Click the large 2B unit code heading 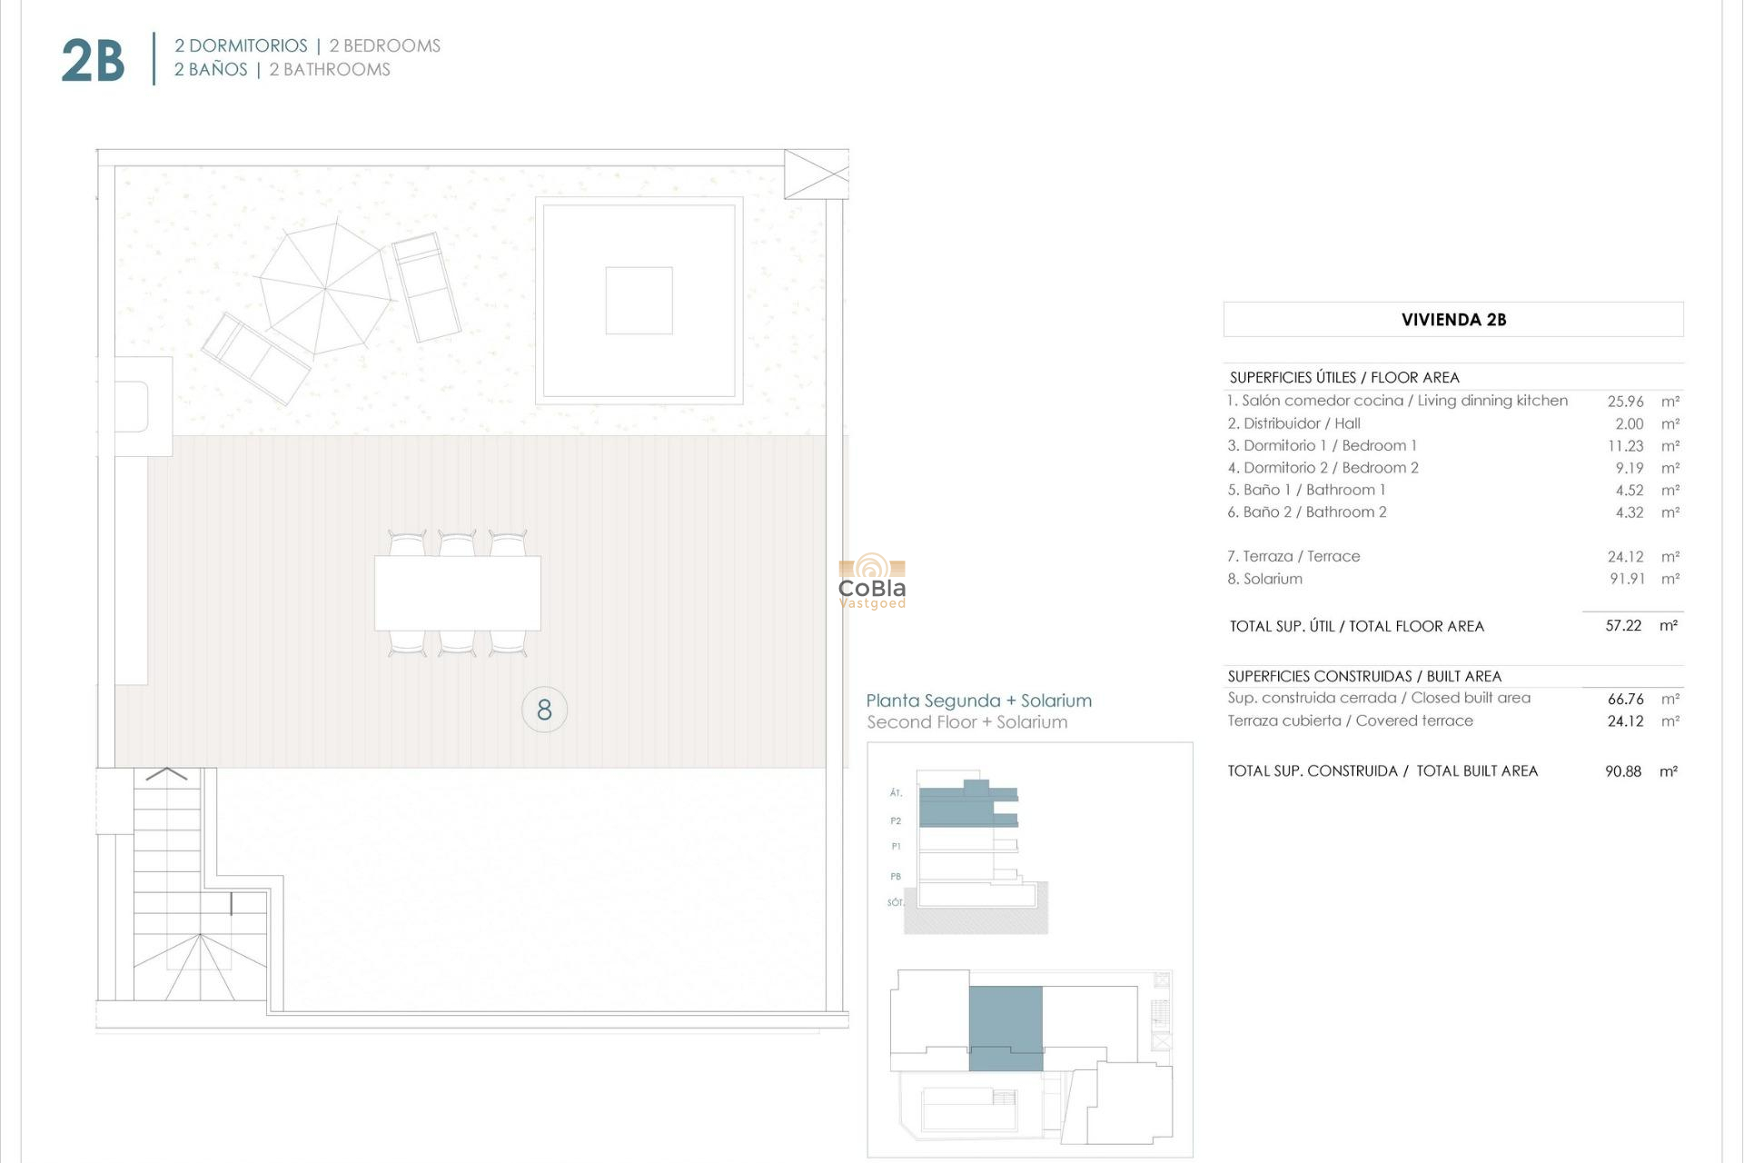pyautogui.click(x=93, y=61)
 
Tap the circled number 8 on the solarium pyautogui.click(x=544, y=710)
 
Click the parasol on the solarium pyautogui.click(x=325, y=288)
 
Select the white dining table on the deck pyautogui.click(x=458, y=592)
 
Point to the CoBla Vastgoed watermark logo pyautogui.click(x=872, y=582)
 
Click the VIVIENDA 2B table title pyautogui.click(x=1453, y=320)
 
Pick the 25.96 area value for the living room pyautogui.click(x=1625, y=402)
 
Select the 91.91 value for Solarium pyautogui.click(x=1627, y=579)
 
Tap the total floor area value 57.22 pyautogui.click(x=1623, y=626)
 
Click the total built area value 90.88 pyautogui.click(x=1623, y=771)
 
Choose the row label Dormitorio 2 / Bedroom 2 pyautogui.click(x=1323, y=468)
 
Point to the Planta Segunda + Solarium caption pyautogui.click(x=978, y=701)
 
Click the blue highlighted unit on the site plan pyautogui.click(x=1006, y=1027)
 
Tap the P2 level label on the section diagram pyautogui.click(x=896, y=821)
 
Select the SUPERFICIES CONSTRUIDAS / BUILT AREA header pyautogui.click(x=1364, y=676)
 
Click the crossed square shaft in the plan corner pyautogui.click(x=816, y=174)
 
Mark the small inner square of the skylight pyautogui.click(x=639, y=301)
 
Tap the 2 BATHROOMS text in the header pyautogui.click(x=330, y=70)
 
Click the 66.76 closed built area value pyautogui.click(x=1625, y=699)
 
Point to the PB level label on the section pyautogui.click(x=896, y=877)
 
